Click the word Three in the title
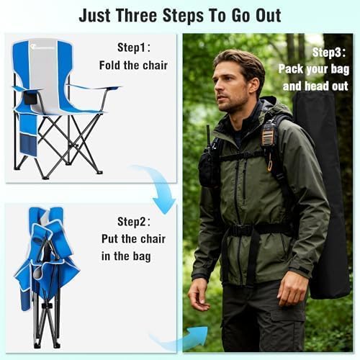(x=136, y=16)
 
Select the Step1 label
(x=134, y=48)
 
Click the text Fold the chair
(x=133, y=66)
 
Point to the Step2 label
(x=134, y=222)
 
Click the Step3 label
(x=329, y=53)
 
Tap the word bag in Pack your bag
(x=340, y=70)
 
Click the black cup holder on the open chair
(x=31, y=98)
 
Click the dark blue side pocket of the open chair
(x=28, y=145)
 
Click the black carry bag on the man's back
(x=322, y=192)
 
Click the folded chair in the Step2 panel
(x=47, y=276)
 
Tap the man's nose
(x=217, y=89)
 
